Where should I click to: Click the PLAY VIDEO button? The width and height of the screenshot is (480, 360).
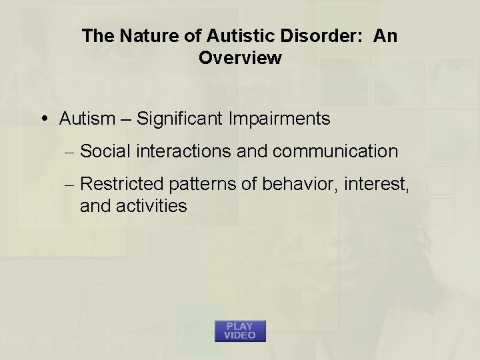pyautogui.click(x=240, y=331)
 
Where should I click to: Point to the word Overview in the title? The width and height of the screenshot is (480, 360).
pyautogui.click(x=240, y=58)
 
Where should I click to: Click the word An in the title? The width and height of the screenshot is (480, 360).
pyautogui.click(x=385, y=36)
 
